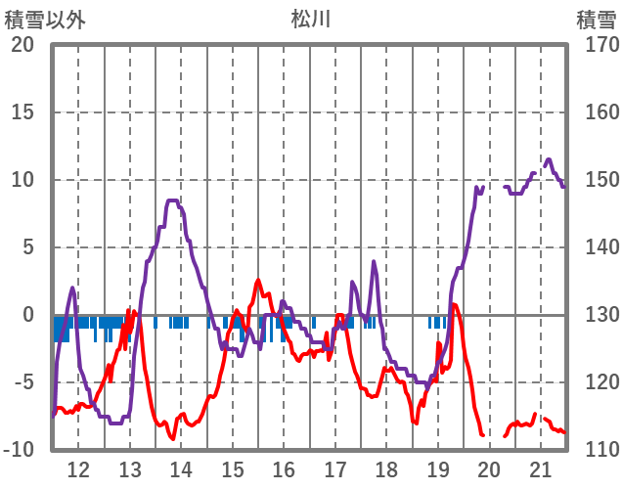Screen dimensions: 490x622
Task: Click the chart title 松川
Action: (311, 19)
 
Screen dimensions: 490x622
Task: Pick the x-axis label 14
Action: (181, 468)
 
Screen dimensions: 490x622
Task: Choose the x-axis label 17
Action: (335, 468)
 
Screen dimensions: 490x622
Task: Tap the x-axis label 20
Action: (489, 468)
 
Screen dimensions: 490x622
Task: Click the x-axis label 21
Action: (541, 468)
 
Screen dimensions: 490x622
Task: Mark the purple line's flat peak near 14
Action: (173, 200)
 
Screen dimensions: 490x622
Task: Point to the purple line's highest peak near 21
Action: (548, 159)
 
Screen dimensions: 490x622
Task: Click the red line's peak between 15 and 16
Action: (259, 280)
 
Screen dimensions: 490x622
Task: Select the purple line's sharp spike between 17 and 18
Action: (374, 261)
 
